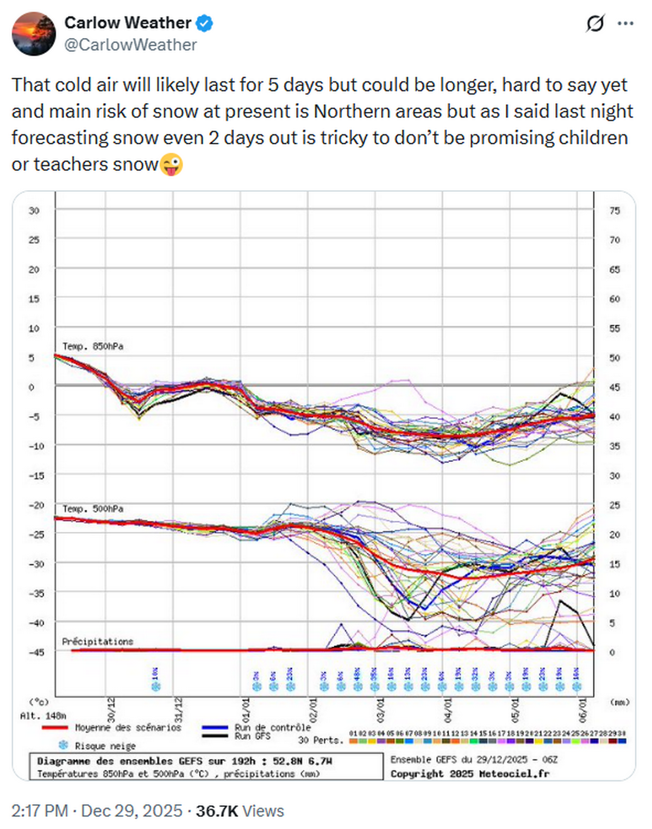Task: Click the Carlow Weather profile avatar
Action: pos(34,34)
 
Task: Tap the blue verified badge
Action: pos(205,23)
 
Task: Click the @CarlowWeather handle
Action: pos(130,45)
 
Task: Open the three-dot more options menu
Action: pos(625,23)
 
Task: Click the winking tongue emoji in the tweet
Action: pos(171,164)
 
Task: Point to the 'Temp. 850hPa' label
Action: pos(92,346)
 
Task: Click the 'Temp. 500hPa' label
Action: pos(92,509)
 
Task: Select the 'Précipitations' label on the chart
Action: pos(97,641)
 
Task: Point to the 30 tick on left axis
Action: pos(34,211)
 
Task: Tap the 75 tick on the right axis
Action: pos(615,211)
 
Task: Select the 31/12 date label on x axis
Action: pos(178,710)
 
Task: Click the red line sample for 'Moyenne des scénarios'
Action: pos(55,727)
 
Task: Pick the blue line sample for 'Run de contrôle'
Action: pos(215,727)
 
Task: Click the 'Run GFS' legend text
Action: pos(252,736)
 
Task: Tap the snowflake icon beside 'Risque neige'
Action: pos(64,745)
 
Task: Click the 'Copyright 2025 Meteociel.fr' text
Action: pos(469,773)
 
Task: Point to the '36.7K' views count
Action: pos(217,811)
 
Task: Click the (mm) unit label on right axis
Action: pos(619,702)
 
